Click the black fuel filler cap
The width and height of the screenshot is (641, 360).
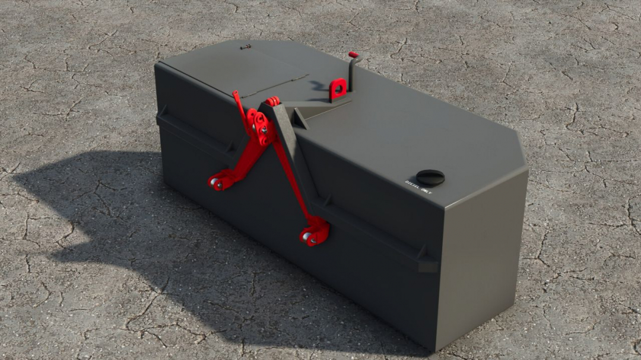coord(430,177)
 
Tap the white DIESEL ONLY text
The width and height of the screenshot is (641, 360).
coord(418,187)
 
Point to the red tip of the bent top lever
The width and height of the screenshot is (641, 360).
coord(354,55)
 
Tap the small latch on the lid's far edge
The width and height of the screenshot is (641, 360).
coord(246,46)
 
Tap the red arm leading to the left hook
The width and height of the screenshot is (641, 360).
coord(240,160)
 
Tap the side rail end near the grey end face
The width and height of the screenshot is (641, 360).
coord(426,261)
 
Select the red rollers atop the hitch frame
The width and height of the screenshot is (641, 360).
coord(272,101)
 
